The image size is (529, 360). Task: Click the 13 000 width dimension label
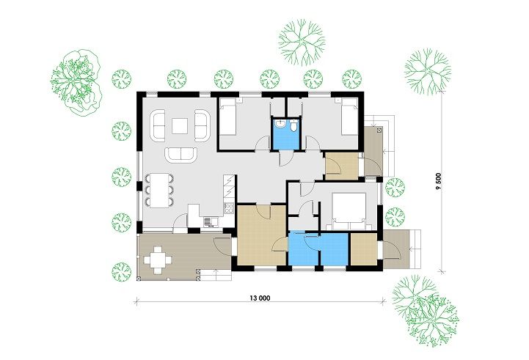click(260, 298)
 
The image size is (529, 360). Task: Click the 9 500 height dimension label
click(438, 182)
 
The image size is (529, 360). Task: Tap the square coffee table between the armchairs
click(180, 125)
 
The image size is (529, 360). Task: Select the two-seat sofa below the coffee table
click(180, 155)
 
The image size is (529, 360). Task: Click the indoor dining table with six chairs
click(159, 190)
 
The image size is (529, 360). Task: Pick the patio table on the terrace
click(158, 260)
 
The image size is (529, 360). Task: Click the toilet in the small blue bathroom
click(294, 126)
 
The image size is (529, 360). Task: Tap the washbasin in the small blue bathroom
click(280, 125)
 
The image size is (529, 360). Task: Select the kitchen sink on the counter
click(211, 221)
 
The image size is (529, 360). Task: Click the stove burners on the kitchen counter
click(229, 207)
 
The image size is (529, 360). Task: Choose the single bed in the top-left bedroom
click(227, 120)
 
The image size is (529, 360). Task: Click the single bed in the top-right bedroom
click(349, 119)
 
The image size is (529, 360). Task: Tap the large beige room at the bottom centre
click(262, 235)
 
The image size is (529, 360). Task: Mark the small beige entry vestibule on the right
click(341, 166)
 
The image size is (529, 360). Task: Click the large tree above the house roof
click(302, 42)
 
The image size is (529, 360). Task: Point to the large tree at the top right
click(428, 71)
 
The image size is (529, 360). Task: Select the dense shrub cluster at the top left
click(76, 82)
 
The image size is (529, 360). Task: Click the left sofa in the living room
click(158, 125)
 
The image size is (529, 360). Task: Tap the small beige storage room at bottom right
click(364, 249)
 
